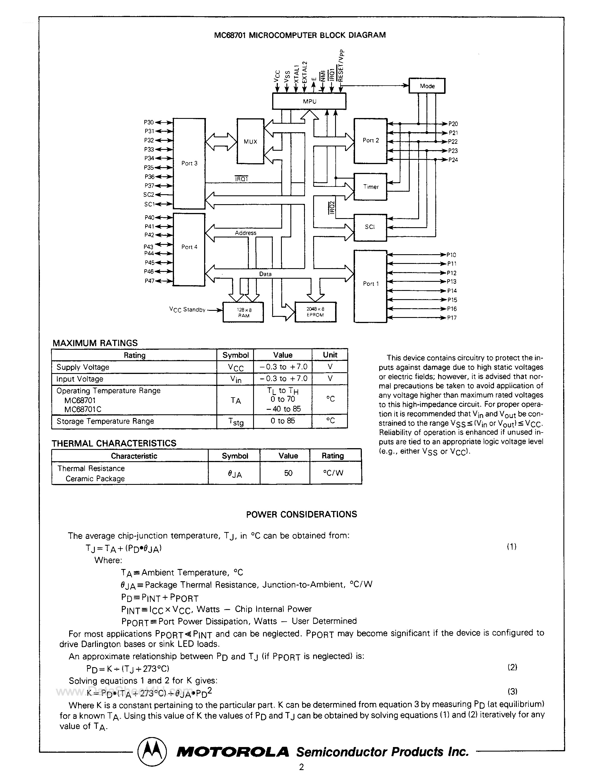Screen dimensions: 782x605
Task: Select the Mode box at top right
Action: [x=427, y=86]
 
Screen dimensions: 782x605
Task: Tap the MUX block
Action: [x=250, y=141]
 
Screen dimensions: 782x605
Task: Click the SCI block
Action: [x=370, y=227]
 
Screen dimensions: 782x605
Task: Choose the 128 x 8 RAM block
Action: [x=243, y=313]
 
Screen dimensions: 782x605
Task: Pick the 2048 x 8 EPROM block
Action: [x=315, y=312]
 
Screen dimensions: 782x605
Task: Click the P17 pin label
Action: [x=452, y=318]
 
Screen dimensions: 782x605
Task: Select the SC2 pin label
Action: [x=148, y=195]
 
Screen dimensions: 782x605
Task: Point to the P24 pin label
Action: [x=453, y=160]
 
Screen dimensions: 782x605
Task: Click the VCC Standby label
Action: [x=187, y=310]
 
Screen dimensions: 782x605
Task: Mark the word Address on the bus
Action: [x=245, y=233]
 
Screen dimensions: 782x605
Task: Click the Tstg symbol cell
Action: [x=235, y=422]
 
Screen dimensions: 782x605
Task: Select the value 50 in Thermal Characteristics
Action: [x=288, y=473]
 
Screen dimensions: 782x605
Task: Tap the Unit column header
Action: [x=330, y=355]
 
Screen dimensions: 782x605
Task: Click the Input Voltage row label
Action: [x=80, y=379]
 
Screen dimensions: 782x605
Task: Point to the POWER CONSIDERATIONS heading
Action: [x=302, y=514]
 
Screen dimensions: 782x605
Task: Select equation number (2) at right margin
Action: [x=512, y=667]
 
